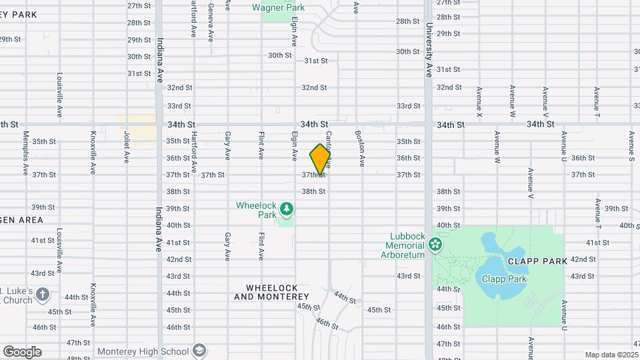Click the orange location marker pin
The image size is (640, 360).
[321, 159]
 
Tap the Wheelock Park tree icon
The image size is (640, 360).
[287, 209]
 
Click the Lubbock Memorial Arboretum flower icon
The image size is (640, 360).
[435, 245]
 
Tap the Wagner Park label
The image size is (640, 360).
[278, 8]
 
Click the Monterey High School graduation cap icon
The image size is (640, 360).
[199, 351]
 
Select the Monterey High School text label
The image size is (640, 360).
[143, 351]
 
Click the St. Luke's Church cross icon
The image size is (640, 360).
[43, 294]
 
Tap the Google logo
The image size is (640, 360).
[22, 351]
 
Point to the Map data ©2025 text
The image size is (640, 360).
[611, 355]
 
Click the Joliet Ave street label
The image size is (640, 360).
[126, 147]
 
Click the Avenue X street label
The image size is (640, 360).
[479, 102]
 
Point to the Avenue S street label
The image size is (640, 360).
[631, 147]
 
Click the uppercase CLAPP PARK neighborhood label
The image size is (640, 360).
[537, 261]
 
